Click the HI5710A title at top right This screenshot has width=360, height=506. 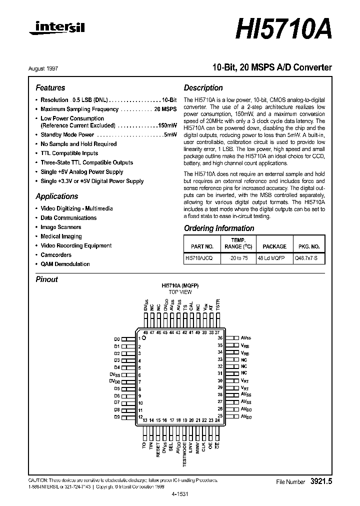283,30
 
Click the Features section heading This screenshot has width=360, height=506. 50,87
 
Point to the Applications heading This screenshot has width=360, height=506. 56,196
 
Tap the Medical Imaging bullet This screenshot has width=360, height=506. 61,236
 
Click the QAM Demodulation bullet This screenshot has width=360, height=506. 65,264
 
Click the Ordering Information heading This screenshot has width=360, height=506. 219,228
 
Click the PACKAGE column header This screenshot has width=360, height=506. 274,246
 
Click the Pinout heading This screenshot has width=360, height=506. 47,279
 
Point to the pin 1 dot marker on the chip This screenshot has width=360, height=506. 144,339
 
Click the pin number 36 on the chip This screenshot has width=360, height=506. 219,338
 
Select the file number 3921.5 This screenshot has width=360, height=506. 321,481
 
